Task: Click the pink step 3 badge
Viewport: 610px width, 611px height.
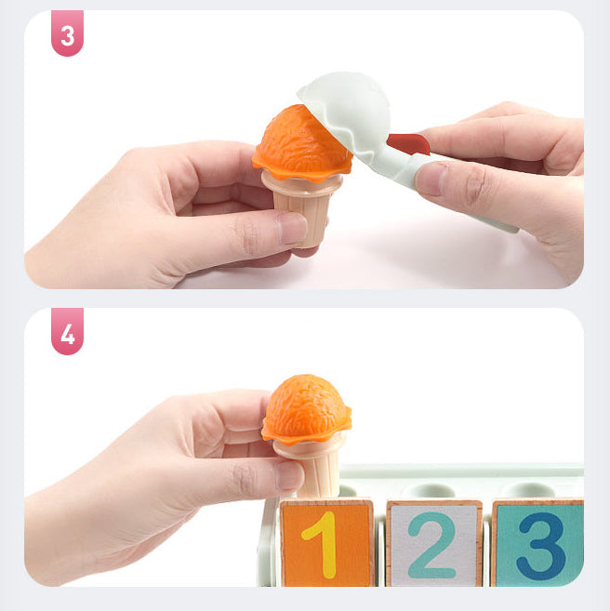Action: pyautogui.click(x=67, y=33)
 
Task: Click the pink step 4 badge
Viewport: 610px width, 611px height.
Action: pyautogui.click(x=67, y=331)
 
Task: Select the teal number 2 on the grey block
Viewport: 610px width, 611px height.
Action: pyautogui.click(x=432, y=545)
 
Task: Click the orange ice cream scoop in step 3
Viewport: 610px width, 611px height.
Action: pyautogui.click(x=302, y=143)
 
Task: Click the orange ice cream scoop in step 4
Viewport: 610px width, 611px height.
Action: pyautogui.click(x=307, y=409)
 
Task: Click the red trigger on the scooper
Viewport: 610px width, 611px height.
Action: pyautogui.click(x=409, y=143)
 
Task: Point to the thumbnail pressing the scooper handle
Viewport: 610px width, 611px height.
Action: pyautogui.click(x=431, y=179)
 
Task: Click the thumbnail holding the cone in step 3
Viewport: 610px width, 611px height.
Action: pyautogui.click(x=292, y=229)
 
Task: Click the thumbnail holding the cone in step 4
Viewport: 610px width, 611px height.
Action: pyautogui.click(x=289, y=475)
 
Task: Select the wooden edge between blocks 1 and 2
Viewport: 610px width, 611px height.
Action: pyautogui.click(x=379, y=544)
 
